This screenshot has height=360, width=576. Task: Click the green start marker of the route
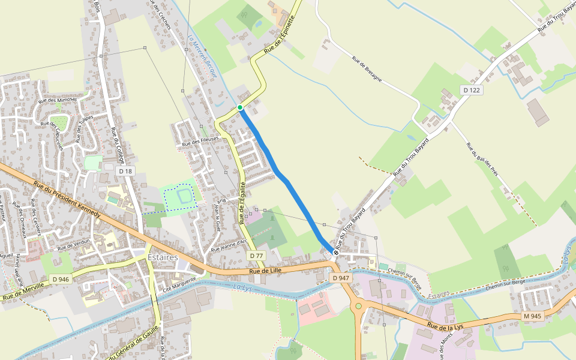pos(240,107)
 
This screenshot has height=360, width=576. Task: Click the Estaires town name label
pos(163,257)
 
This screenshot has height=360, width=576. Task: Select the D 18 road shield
pos(125,172)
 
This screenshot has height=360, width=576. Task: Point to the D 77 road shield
pos(256,256)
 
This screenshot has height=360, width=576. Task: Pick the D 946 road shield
pos(61,279)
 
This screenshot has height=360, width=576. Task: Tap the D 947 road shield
pos(340,278)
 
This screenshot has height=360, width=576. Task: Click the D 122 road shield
pos(472,89)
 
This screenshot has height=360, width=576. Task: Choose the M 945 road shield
pos(532,316)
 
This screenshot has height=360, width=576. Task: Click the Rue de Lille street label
pos(266,271)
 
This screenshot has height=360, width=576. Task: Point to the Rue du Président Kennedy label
pos(67,200)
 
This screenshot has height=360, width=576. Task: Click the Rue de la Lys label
pos(445,326)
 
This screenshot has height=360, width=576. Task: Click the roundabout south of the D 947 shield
pos(359,305)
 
